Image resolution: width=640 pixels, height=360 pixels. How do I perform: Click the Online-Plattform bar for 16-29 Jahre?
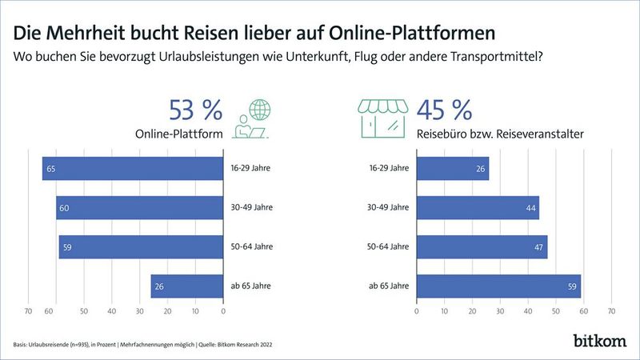[133, 169]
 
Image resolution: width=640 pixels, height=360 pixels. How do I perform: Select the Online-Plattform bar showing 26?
[186, 286]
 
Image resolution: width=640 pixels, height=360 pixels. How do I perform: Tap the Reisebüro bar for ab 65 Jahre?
[499, 286]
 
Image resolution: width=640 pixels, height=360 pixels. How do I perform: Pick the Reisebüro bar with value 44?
[478, 207]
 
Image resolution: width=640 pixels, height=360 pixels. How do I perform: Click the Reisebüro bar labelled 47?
[482, 246]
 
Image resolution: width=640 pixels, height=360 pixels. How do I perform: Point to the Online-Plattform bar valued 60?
[139, 207]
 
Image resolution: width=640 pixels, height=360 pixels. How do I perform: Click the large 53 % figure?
[195, 110]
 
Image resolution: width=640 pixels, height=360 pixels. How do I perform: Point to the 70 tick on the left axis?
[28, 311]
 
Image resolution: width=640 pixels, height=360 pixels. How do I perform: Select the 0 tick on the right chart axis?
[418, 311]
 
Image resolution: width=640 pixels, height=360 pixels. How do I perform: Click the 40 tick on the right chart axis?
[529, 311]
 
